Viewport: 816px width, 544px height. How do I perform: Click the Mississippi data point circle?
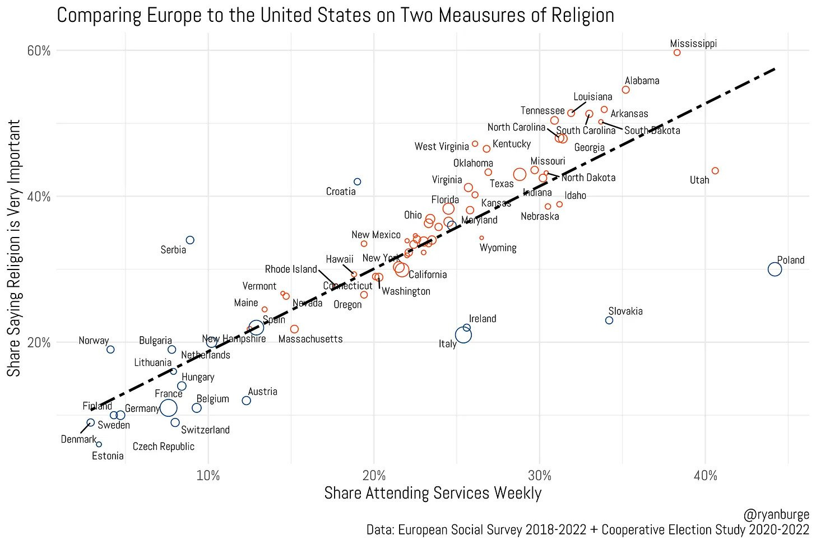coord(677,53)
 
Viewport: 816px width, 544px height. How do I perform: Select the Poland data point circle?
coord(775,269)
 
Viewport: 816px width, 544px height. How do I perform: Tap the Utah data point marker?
coord(715,171)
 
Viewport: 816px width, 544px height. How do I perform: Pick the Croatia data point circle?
coord(358,182)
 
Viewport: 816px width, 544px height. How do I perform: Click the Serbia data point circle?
coord(190,240)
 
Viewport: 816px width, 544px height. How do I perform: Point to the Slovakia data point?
coord(609,320)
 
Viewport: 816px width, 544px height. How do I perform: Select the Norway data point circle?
coord(110,350)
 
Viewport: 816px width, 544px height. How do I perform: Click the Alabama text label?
coord(642,81)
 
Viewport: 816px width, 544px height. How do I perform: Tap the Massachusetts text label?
coord(310,339)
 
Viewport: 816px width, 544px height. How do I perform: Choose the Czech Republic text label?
coord(164,447)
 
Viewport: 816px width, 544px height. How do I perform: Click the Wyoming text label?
coord(498,248)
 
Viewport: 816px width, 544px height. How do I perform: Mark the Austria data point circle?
coord(246,401)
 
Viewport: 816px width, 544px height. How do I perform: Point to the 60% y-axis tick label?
coord(39,50)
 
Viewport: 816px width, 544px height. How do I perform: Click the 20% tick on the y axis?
coord(39,342)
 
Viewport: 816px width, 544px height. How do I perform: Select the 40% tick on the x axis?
coord(705,476)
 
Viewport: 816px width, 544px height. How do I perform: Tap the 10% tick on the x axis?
coord(208,476)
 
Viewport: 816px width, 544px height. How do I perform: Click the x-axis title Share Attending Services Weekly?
coord(433,493)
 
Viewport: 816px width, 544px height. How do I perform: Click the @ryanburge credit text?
coord(776,514)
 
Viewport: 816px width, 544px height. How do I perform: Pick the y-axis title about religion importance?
coord(14,248)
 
